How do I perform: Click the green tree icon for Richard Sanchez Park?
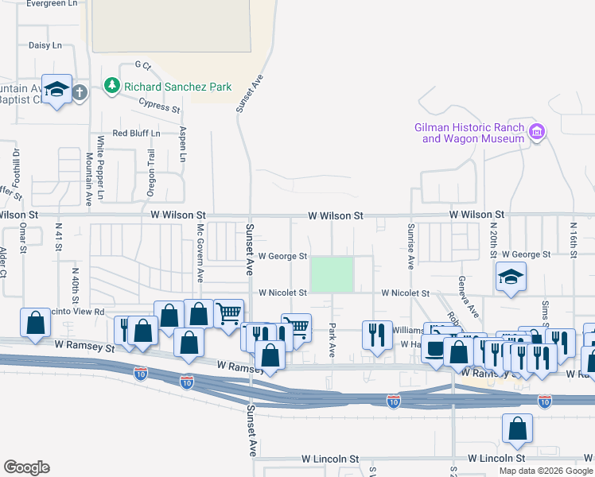pos(113,85)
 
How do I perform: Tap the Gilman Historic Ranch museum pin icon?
pos(536,131)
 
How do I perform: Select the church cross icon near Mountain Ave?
pos(80,92)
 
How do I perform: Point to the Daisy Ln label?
pos(45,45)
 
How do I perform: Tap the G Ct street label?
pos(142,64)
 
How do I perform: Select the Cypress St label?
pos(159,105)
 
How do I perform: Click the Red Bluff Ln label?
pos(136,133)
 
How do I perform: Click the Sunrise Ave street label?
pos(411,246)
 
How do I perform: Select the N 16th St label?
pos(572,237)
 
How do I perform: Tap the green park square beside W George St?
pos(332,273)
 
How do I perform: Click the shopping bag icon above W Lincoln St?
pos(517,429)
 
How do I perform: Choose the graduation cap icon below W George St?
pos(511,277)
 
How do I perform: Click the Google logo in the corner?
pos(26,467)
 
